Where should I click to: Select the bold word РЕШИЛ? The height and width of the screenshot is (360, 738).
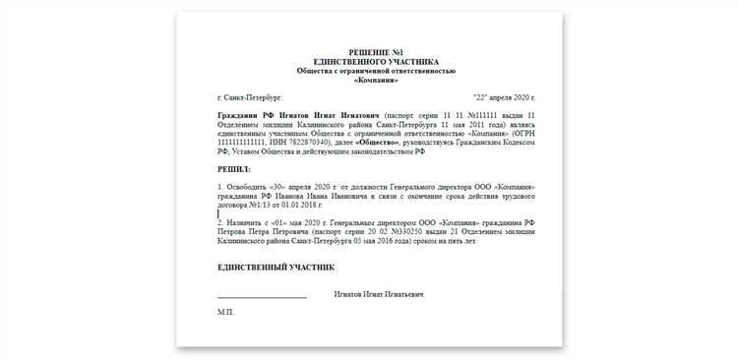234,169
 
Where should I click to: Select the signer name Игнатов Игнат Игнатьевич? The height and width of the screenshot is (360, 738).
379,294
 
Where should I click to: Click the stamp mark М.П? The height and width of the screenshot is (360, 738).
225,312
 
